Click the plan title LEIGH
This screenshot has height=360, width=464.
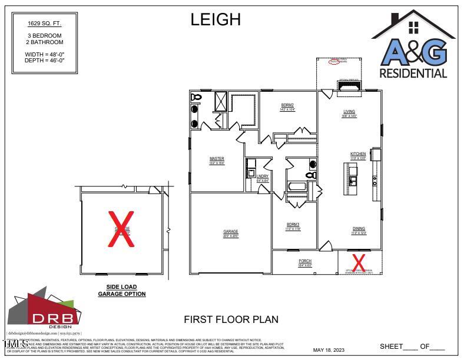pyautogui.click(x=215, y=19)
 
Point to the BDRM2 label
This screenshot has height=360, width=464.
pyautogui.click(x=287, y=105)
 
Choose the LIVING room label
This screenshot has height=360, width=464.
pyautogui.click(x=350, y=112)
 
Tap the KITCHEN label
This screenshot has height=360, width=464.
pyautogui.click(x=358, y=154)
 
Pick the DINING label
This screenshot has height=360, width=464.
pyautogui.click(x=359, y=229)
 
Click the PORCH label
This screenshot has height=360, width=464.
pyautogui.click(x=305, y=261)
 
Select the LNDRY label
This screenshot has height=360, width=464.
pyautogui.click(x=263, y=176)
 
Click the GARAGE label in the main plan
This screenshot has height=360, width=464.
pyautogui.click(x=231, y=232)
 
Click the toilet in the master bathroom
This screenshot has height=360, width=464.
pyautogui.click(x=197, y=96)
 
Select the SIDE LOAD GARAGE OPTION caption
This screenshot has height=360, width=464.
pyautogui.click(x=122, y=291)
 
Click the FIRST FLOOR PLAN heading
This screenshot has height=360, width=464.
pyautogui.click(x=231, y=319)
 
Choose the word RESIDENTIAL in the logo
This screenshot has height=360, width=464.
pyautogui.click(x=413, y=74)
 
